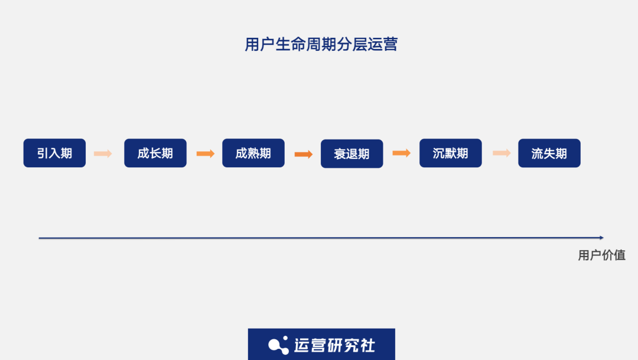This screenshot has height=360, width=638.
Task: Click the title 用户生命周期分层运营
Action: click(x=321, y=44)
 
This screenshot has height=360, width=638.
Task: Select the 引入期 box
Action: click(x=54, y=153)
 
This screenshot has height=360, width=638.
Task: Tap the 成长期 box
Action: click(x=155, y=153)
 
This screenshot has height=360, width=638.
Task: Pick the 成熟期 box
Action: click(x=253, y=153)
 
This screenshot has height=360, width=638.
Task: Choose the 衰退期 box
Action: click(x=351, y=154)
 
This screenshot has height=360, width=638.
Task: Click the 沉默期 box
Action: click(x=450, y=153)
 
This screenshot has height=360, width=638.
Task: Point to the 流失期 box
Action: click(x=549, y=153)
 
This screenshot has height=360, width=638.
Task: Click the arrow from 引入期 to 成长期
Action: click(x=103, y=154)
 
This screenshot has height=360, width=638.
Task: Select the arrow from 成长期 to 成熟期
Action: click(x=205, y=154)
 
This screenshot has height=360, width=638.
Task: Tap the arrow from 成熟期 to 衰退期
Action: click(x=303, y=154)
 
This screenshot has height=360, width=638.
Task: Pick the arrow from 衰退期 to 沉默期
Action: click(x=401, y=153)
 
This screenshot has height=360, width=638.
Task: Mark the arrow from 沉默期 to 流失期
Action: click(x=502, y=153)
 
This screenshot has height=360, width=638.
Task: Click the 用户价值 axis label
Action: click(x=601, y=255)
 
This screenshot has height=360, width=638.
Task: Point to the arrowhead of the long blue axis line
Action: click(x=601, y=238)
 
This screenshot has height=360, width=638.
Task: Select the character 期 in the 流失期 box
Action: click(x=561, y=154)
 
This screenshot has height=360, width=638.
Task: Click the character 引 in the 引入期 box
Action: click(x=43, y=154)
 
